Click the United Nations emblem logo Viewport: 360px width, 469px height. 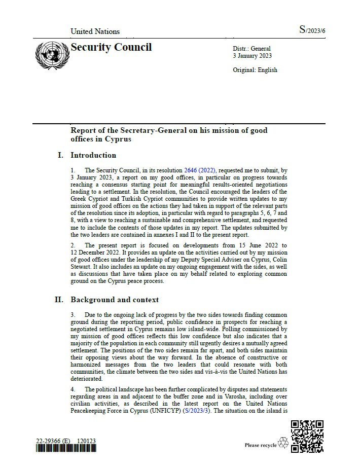pyautogui.click(x=51, y=56)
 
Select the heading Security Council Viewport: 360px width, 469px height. pyautogui.click(x=111, y=48)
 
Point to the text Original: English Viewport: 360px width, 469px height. pyautogui.click(x=255, y=70)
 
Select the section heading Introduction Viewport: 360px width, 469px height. pyautogui.click(x=93, y=155)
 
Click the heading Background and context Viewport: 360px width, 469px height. pyautogui.click(x=115, y=300)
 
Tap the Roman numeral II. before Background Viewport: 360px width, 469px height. pyautogui.click(x=59, y=300)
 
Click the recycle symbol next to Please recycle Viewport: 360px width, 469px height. pyautogui.click(x=283, y=444)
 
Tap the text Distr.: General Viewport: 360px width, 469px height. pyautogui.click(x=252, y=49)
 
